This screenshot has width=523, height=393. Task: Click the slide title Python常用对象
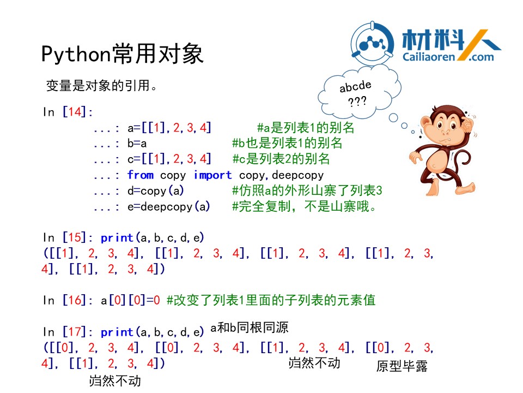(x=122, y=53)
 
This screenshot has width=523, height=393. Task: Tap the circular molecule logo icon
(x=372, y=44)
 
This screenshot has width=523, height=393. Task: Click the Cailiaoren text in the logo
(x=429, y=57)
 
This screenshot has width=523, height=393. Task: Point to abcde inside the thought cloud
(x=355, y=87)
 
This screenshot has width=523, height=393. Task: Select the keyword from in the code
(x=141, y=175)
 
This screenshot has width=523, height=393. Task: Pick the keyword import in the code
(x=212, y=175)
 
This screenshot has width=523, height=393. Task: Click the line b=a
(x=137, y=143)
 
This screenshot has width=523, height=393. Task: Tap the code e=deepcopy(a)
(x=169, y=206)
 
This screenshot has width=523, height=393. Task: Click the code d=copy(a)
(x=155, y=190)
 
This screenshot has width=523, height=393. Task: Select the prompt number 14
(x=74, y=111)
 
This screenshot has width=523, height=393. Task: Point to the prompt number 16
(x=74, y=300)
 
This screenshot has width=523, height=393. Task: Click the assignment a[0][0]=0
(x=130, y=300)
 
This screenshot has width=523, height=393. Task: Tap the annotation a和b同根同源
(x=249, y=327)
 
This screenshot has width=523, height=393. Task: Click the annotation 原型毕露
(x=402, y=366)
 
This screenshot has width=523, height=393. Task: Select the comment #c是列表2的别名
(x=281, y=159)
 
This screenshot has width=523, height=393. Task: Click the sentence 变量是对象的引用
(x=101, y=86)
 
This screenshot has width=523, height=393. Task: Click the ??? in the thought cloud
(x=357, y=101)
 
